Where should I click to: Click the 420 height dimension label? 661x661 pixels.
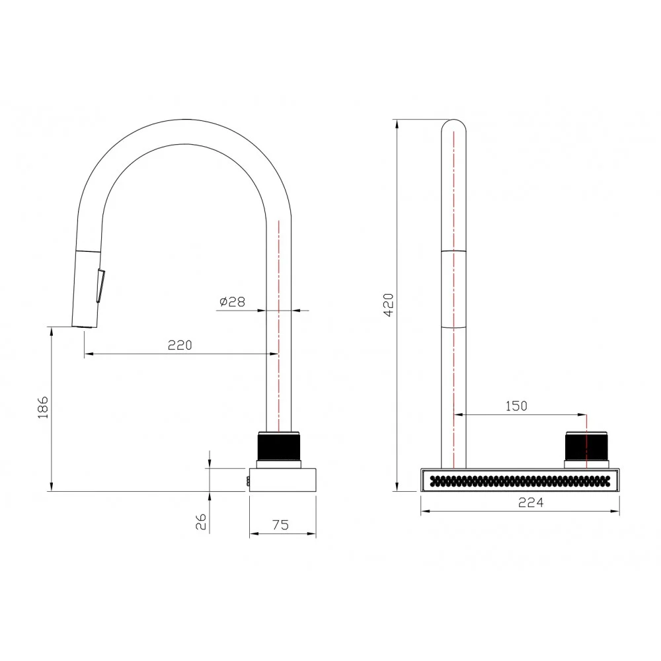coord(389,305)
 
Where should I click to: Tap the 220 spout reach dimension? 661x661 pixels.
coord(180,345)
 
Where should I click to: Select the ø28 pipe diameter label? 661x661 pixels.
coord(232,301)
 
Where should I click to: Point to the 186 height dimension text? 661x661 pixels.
coord(43,407)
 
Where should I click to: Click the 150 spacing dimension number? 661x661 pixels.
coord(516,406)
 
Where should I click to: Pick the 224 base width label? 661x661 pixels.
coord(531,502)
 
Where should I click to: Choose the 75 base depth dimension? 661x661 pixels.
coord(281,525)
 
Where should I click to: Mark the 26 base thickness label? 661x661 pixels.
coord(201,522)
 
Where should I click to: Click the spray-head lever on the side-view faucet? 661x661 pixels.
coord(100,286)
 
